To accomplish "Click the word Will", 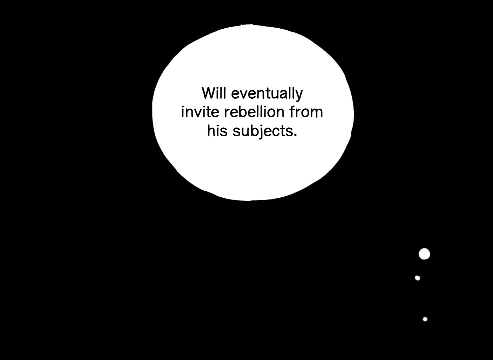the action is click(214, 93).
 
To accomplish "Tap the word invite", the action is click(200, 112).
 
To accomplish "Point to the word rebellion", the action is click(254, 112).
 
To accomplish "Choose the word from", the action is click(306, 112).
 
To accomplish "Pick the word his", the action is click(217, 131).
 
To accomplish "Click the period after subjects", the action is click(295, 135).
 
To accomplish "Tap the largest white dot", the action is click(424, 254).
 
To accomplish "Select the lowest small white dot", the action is click(425, 319).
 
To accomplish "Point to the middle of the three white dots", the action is click(417, 278).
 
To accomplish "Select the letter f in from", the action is click(292, 112).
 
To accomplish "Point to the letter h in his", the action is click(211, 131).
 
